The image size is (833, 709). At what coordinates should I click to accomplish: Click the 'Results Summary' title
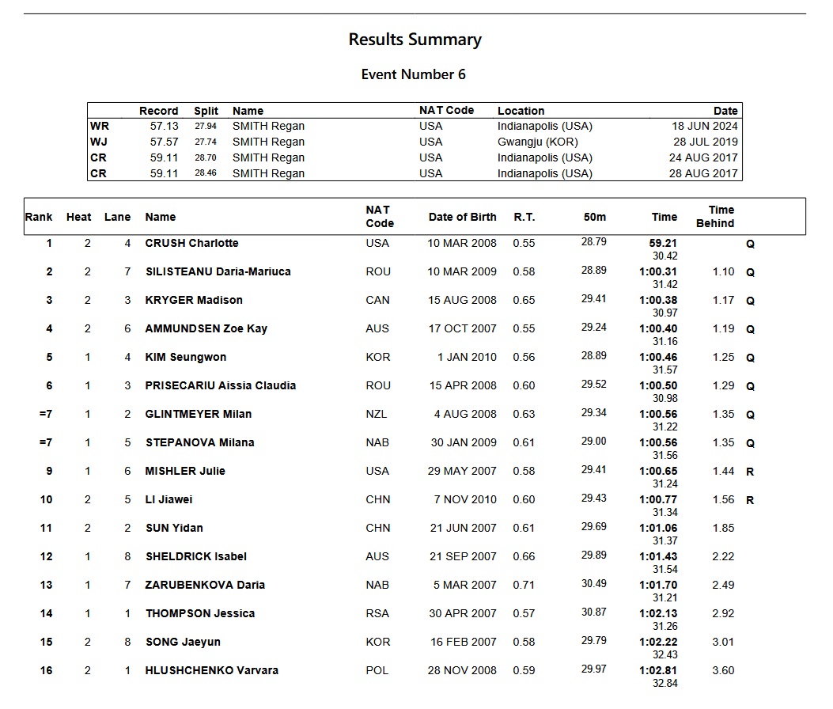415,40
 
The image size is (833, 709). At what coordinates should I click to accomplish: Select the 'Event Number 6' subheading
413,74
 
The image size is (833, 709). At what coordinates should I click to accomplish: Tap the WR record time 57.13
165,126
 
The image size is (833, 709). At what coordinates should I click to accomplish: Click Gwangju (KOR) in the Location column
537,142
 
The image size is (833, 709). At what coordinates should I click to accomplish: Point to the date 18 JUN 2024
704,126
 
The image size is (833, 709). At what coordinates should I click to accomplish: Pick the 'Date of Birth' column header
462,217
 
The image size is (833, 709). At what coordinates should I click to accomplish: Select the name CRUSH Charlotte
191,243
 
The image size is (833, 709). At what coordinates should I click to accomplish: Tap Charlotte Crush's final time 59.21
663,244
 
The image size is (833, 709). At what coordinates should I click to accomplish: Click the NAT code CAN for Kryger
378,300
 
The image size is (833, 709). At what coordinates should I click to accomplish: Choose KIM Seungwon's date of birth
467,357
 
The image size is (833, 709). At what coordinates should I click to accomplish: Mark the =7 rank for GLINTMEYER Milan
45,414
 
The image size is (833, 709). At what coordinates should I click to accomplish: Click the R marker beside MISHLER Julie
750,472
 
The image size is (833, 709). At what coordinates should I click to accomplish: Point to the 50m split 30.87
593,612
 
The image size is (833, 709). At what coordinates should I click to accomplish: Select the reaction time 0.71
524,585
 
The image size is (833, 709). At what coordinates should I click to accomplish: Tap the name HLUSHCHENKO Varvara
211,670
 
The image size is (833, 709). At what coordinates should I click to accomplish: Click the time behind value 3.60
723,670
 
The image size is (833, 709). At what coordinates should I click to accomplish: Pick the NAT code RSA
378,613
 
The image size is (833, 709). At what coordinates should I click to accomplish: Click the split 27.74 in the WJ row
205,142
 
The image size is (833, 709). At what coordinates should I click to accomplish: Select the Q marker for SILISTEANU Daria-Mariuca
750,272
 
